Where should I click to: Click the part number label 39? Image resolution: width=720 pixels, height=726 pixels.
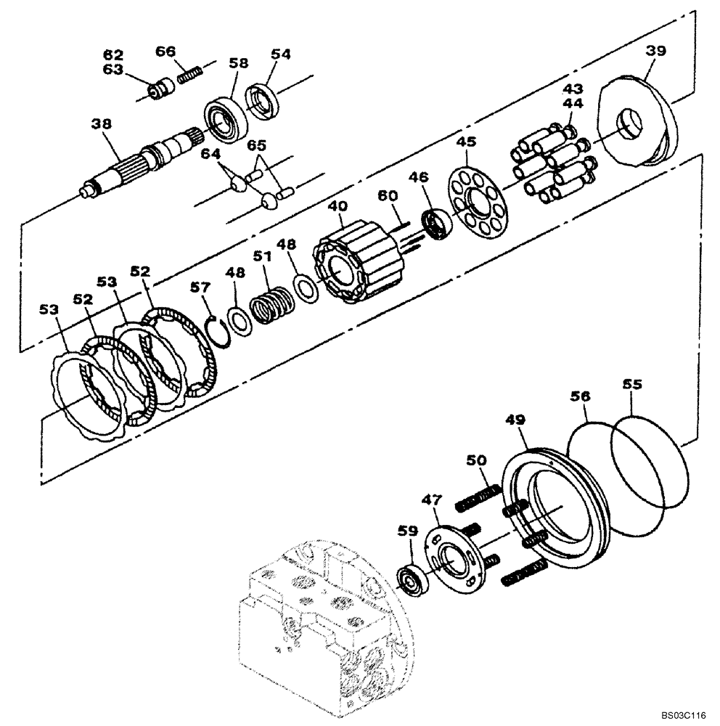656,50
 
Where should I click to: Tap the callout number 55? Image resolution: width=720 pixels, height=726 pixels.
631,385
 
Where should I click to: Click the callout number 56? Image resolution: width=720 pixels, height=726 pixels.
580,396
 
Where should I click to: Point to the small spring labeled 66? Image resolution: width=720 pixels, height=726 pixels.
189,73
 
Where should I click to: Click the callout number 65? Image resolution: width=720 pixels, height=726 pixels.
255,144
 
